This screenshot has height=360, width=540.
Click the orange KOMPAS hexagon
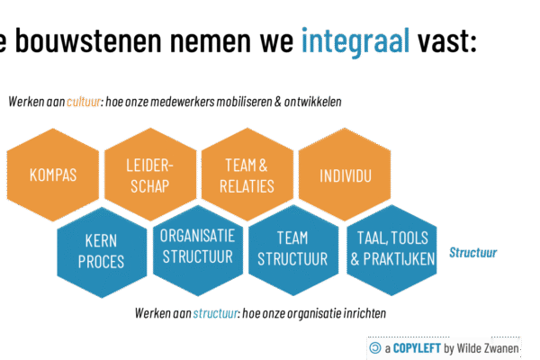(51, 175)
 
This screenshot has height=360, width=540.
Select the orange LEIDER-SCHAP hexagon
(148, 175)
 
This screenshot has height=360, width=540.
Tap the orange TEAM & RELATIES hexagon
(246, 175)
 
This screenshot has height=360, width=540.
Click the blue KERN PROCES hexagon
(101, 251)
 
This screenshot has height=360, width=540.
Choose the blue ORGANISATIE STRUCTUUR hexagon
(197, 247)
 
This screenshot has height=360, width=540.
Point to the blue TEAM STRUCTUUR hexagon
(293, 249)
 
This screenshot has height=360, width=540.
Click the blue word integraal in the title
(355, 40)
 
